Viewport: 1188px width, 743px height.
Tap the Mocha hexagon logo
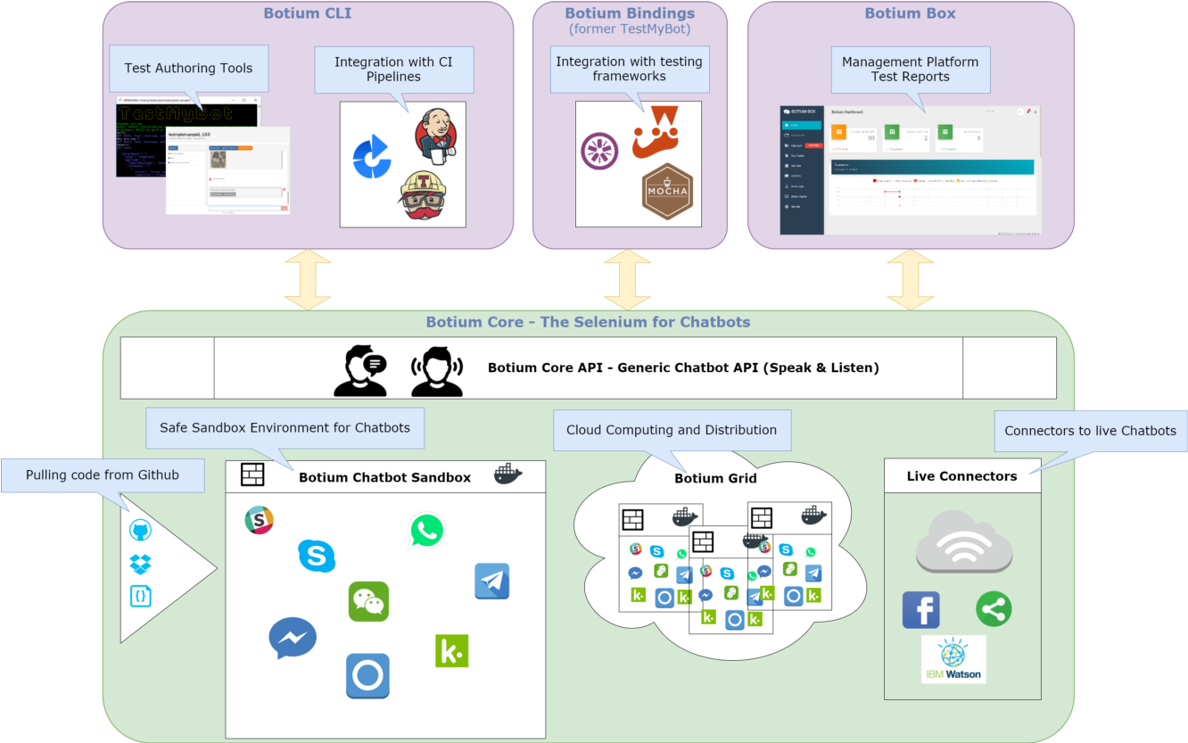pyautogui.click(x=667, y=191)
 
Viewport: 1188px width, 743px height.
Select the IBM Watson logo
pyautogui.click(x=953, y=659)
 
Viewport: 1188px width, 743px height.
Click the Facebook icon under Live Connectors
pyautogui.click(x=921, y=610)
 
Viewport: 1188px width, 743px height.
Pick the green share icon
pyautogui.click(x=994, y=609)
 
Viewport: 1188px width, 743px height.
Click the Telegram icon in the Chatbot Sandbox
pyautogui.click(x=491, y=581)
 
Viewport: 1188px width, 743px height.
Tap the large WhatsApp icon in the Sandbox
pyautogui.click(x=426, y=531)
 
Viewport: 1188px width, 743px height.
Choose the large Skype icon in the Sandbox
pyautogui.click(x=317, y=556)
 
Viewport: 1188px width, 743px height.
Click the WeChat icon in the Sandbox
pyautogui.click(x=368, y=601)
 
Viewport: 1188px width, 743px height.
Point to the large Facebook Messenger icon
pyautogui.click(x=293, y=638)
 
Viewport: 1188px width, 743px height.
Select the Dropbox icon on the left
pyautogui.click(x=140, y=564)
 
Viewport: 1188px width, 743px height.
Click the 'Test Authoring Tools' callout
pyautogui.click(x=188, y=69)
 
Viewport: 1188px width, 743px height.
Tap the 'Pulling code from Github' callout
pyautogui.click(x=103, y=475)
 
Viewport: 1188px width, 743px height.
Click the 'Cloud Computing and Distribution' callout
pyautogui.click(x=672, y=430)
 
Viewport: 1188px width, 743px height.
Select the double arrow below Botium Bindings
pyautogui.click(x=627, y=279)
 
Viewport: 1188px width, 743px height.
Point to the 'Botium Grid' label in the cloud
pyautogui.click(x=715, y=478)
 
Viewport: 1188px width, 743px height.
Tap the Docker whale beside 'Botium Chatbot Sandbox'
pyautogui.click(x=508, y=475)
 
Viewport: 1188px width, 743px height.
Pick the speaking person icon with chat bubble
pyautogui.click(x=360, y=370)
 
